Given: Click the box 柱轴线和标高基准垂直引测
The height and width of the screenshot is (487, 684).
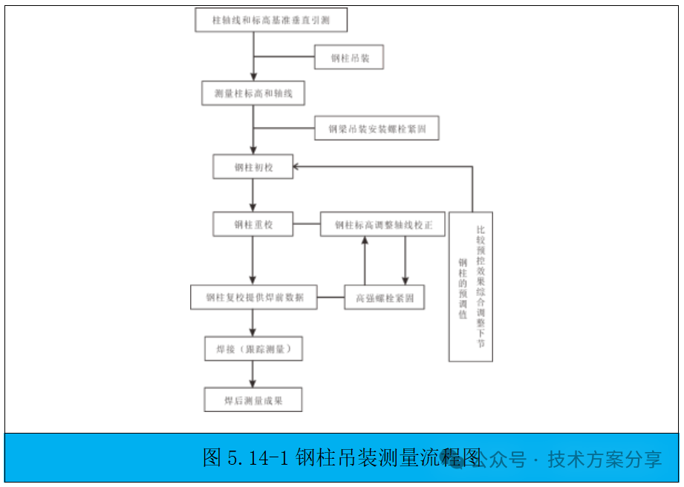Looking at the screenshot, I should coord(271,21).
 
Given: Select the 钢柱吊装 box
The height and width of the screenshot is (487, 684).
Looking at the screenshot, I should coord(348,57).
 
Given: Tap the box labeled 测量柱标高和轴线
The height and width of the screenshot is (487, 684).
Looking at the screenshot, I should coord(253,94).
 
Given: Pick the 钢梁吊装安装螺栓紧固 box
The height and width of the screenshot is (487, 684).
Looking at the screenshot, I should coord(377,128).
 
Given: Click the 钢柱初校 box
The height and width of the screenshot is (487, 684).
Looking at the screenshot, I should coord(253,166).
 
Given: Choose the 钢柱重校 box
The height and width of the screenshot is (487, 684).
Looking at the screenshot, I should coord(253,224).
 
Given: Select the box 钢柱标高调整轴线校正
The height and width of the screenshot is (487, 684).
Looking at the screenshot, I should coord(382,224).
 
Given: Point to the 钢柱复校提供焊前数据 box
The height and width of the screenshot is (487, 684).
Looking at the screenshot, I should coord(253,298).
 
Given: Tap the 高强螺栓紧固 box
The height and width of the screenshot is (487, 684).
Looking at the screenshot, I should coord(384,298).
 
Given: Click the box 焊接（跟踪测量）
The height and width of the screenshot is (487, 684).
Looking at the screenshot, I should coord(253,348).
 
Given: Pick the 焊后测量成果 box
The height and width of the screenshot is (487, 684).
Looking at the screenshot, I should coord(253,400).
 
